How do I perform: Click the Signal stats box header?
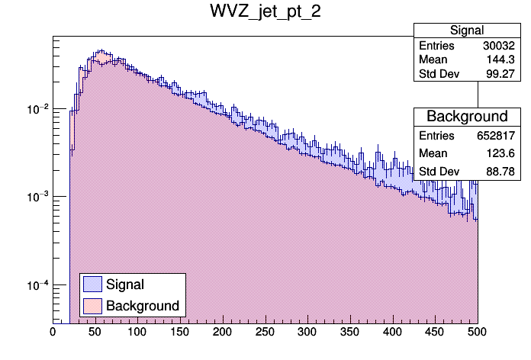tap(466, 31)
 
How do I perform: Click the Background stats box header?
tap(466, 117)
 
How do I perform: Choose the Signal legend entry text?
tap(125, 284)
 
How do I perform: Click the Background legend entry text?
tap(142, 306)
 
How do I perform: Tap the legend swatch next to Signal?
tap(92, 284)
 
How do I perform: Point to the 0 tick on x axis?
tap(53, 333)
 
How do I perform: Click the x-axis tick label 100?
tap(137, 333)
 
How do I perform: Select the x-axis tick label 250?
tap(265, 333)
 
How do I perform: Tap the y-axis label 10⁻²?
tap(37, 109)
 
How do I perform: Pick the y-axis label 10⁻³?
tap(37, 197)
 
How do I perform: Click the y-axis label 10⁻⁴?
tap(37, 285)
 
